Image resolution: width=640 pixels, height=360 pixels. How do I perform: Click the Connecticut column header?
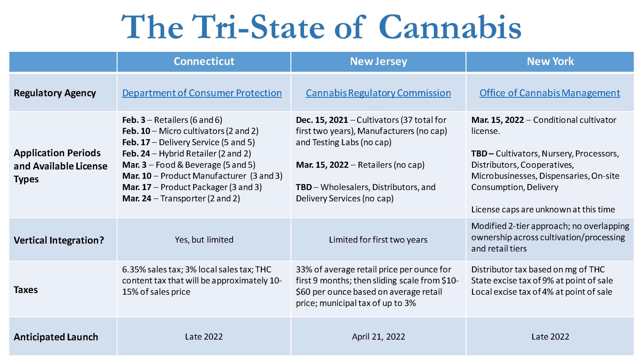click(x=204, y=61)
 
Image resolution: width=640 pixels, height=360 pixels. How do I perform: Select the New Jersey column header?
click(x=378, y=61)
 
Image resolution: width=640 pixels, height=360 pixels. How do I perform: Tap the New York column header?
click(x=550, y=61)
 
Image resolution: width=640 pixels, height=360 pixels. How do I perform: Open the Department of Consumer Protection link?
click(x=202, y=93)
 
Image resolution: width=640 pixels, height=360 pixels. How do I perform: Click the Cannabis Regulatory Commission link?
click(x=378, y=93)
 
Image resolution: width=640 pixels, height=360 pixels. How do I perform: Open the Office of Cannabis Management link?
click(x=549, y=93)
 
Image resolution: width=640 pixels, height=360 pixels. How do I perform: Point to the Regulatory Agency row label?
click(x=55, y=93)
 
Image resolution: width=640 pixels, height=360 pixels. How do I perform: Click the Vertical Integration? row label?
click(x=59, y=240)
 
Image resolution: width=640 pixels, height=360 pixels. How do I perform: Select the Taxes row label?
click(x=26, y=290)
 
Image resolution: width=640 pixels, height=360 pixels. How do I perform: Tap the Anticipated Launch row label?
click(x=56, y=337)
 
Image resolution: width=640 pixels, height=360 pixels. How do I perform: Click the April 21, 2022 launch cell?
click(x=378, y=337)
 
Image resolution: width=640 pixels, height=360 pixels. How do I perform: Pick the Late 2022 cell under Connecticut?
click(x=204, y=337)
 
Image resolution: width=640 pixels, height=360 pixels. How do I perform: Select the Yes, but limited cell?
click(x=204, y=240)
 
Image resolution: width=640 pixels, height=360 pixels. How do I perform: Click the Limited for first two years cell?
click(x=378, y=240)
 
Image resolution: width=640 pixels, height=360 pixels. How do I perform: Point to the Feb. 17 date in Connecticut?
click(x=136, y=142)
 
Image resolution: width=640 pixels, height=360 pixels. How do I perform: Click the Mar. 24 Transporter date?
click(x=137, y=199)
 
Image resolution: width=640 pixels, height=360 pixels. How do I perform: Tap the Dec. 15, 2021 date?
click(x=322, y=120)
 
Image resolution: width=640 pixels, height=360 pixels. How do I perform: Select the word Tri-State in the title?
click(x=258, y=27)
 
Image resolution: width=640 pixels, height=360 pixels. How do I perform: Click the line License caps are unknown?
click(x=543, y=210)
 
